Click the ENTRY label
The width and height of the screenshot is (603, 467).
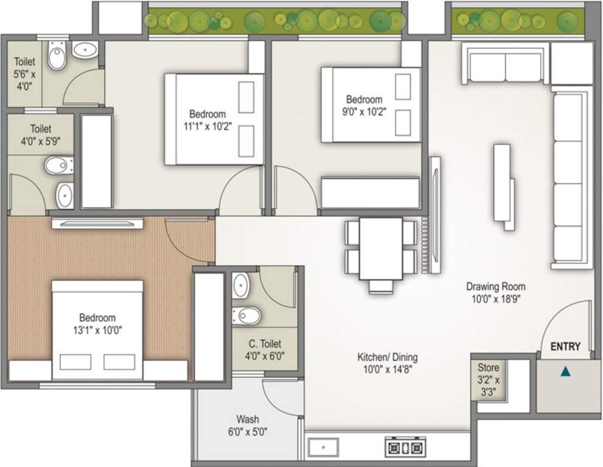coord(565,347)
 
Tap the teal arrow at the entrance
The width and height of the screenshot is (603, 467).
coord(566,370)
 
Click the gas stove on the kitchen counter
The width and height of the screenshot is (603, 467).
coord(404,448)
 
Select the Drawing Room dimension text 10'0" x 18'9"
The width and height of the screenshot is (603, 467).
coord(495,298)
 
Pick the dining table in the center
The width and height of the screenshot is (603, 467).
coord(381,249)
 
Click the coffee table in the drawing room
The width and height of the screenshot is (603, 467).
coord(503,186)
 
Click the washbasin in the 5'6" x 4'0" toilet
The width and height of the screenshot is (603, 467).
coord(81,52)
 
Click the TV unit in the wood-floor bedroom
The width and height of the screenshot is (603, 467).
coord(97,223)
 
